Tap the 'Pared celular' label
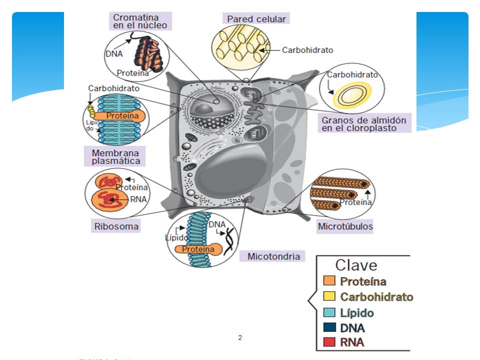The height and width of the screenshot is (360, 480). click(256, 19)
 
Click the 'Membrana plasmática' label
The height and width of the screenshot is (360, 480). click(115, 156)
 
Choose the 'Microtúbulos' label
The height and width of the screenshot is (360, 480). click(345, 226)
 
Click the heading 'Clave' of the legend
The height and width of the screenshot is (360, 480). click(356, 265)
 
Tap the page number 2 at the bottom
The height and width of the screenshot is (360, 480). click(240, 338)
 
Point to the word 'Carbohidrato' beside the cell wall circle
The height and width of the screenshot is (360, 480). click(307, 50)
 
